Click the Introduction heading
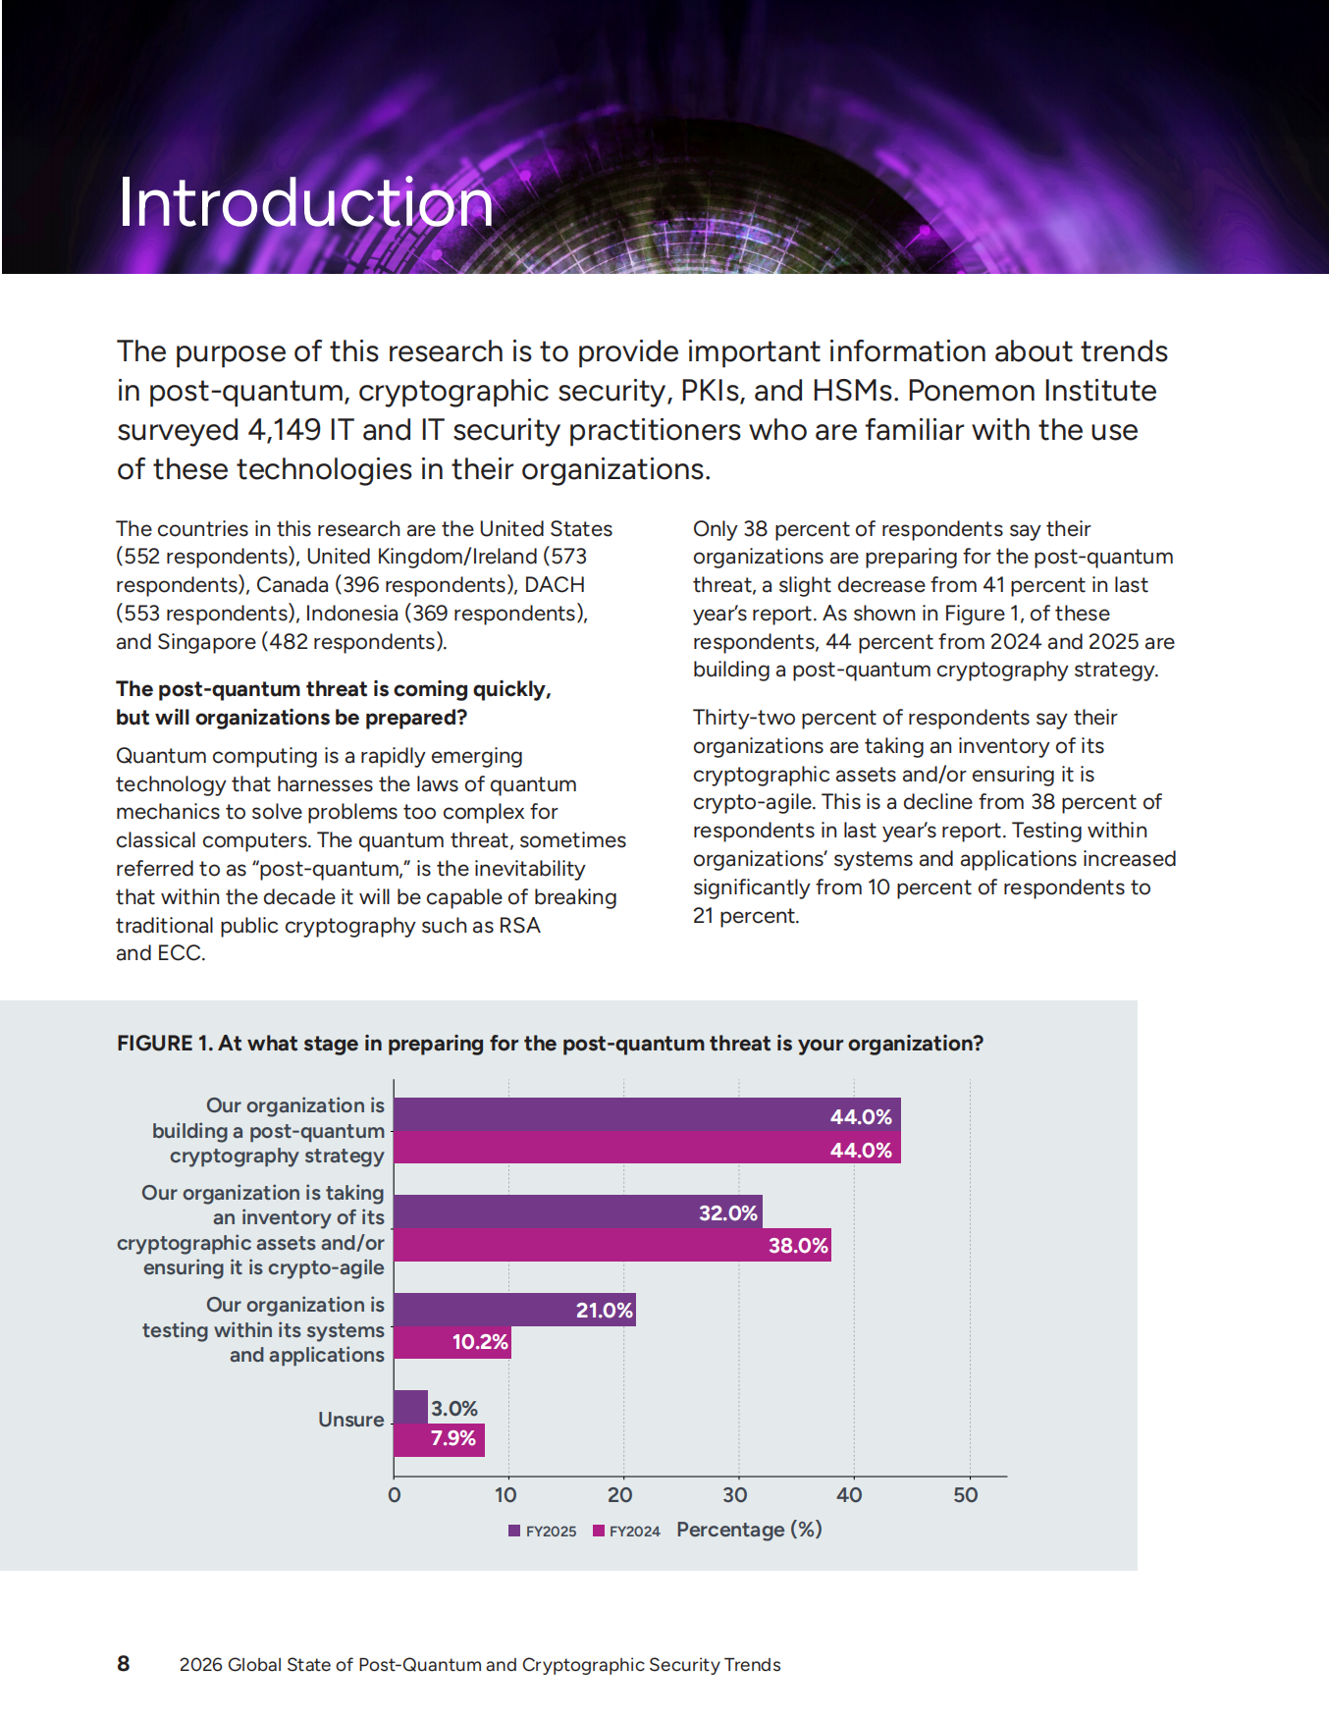[x=305, y=203]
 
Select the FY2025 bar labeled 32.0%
[x=577, y=1212]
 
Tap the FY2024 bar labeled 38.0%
[x=611, y=1245]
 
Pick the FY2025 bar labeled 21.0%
[x=514, y=1310]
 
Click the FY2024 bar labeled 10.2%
[x=452, y=1342]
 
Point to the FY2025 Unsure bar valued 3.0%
[x=410, y=1407]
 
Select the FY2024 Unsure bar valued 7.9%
[x=439, y=1439]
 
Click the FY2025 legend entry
[x=542, y=1532]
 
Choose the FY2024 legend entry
[x=626, y=1532]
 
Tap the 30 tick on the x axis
[x=735, y=1495]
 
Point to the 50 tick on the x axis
[x=966, y=1495]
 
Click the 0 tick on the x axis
[x=395, y=1495]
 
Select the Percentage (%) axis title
[x=749, y=1530]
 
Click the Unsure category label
[x=350, y=1420]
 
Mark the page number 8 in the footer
[x=124, y=1663]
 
